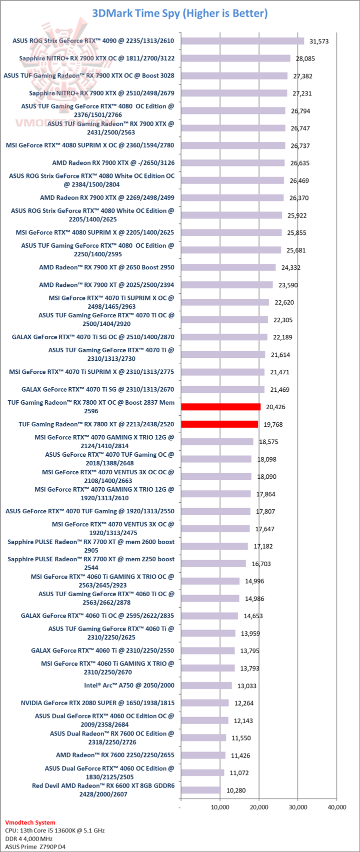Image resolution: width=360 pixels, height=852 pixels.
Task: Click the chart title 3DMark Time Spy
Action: (x=179, y=13)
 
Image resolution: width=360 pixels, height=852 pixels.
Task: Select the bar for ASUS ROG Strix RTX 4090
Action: (x=242, y=41)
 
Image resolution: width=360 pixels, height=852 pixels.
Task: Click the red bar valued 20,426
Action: (x=220, y=407)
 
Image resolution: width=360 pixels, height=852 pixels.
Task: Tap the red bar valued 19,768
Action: (x=219, y=424)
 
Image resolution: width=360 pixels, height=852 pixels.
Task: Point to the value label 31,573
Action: (x=319, y=41)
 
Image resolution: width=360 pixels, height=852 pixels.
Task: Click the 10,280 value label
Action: (x=236, y=791)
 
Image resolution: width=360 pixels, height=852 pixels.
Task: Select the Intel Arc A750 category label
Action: (x=129, y=685)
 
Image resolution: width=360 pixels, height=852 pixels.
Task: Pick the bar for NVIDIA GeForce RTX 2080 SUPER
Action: (x=204, y=703)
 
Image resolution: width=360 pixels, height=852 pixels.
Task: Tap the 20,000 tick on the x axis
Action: (x=258, y=807)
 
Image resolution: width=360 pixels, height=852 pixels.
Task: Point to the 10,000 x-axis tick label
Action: (x=219, y=807)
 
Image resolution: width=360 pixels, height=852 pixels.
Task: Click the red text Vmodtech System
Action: (x=30, y=822)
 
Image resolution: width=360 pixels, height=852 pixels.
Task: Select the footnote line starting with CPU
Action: (x=54, y=830)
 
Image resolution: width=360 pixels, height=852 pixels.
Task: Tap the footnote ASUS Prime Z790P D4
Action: (x=36, y=847)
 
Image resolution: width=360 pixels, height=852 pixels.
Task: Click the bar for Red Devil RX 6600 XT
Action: (x=200, y=790)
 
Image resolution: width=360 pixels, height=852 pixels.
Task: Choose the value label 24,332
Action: (x=291, y=268)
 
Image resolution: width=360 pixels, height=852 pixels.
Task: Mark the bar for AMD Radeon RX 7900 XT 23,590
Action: (x=227, y=285)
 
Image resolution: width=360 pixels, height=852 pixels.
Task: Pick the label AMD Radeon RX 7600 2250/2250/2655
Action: (x=115, y=755)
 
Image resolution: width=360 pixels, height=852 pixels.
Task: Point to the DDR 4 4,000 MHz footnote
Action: (x=35, y=839)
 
